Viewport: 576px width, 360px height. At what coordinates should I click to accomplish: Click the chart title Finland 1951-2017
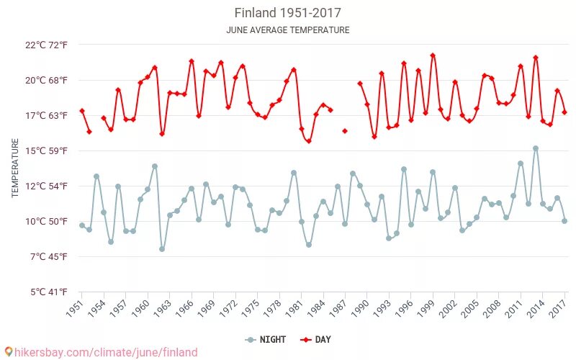pyautogui.click(x=287, y=13)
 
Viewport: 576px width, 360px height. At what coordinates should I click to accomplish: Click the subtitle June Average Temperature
pyautogui.click(x=287, y=30)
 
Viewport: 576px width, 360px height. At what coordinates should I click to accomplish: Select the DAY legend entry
pyautogui.click(x=316, y=339)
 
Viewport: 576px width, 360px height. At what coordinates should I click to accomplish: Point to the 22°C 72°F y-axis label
pyautogui.click(x=46, y=45)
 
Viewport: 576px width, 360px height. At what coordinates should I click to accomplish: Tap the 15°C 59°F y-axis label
pyautogui.click(x=46, y=150)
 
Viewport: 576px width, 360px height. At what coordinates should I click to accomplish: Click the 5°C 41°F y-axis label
pyautogui.click(x=48, y=292)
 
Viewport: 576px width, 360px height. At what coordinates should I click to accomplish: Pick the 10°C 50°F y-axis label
pyautogui.click(x=46, y=221)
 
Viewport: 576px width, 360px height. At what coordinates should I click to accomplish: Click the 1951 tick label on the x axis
pyautogui.click(x=75, y=308)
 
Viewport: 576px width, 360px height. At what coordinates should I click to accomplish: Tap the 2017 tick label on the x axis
pyautogui.click(x=559, y=308)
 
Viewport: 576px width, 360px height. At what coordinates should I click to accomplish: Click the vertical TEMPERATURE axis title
pyautogui.click(x=15, y=168)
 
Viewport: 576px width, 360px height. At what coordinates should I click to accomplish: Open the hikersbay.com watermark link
pyautogui.click(x=101, y=352)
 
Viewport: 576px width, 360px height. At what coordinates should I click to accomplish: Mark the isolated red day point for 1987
pyautogui.click(x=345, y=131)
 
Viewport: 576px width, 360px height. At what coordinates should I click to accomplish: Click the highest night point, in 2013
pyautogui.click(x=536, y=148)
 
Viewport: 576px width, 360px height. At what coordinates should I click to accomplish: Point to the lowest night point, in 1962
pyautogui.click(x=162, y=249)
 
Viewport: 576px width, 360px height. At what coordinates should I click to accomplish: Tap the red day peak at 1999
pyautogui.click(x=433, y=55)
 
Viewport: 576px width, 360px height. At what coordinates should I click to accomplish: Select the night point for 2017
pyautogui.click(x=564, y=221)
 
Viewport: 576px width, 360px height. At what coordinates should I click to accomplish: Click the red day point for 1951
pyautogui.click(x=82, y=111)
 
